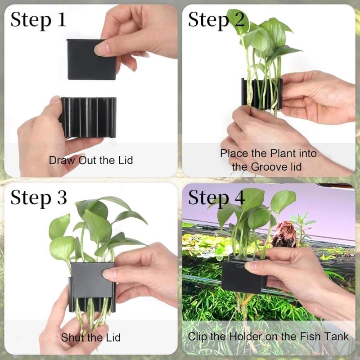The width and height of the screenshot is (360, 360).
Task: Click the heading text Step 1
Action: click(38, 20)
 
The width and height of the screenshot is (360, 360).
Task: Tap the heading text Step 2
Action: click(216, 20)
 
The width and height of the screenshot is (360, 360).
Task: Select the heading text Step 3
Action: click(38, 198)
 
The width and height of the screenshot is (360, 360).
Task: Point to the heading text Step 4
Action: click(216, 198)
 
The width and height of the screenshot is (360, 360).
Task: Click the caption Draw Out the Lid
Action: click(91, 160)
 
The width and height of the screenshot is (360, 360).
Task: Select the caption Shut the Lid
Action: click(90, 337)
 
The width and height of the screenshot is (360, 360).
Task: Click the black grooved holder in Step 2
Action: click(261, 94)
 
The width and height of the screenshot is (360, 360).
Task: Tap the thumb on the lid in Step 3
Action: click(111, 273)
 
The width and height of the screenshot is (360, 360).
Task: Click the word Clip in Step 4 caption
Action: click(197, 336)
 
